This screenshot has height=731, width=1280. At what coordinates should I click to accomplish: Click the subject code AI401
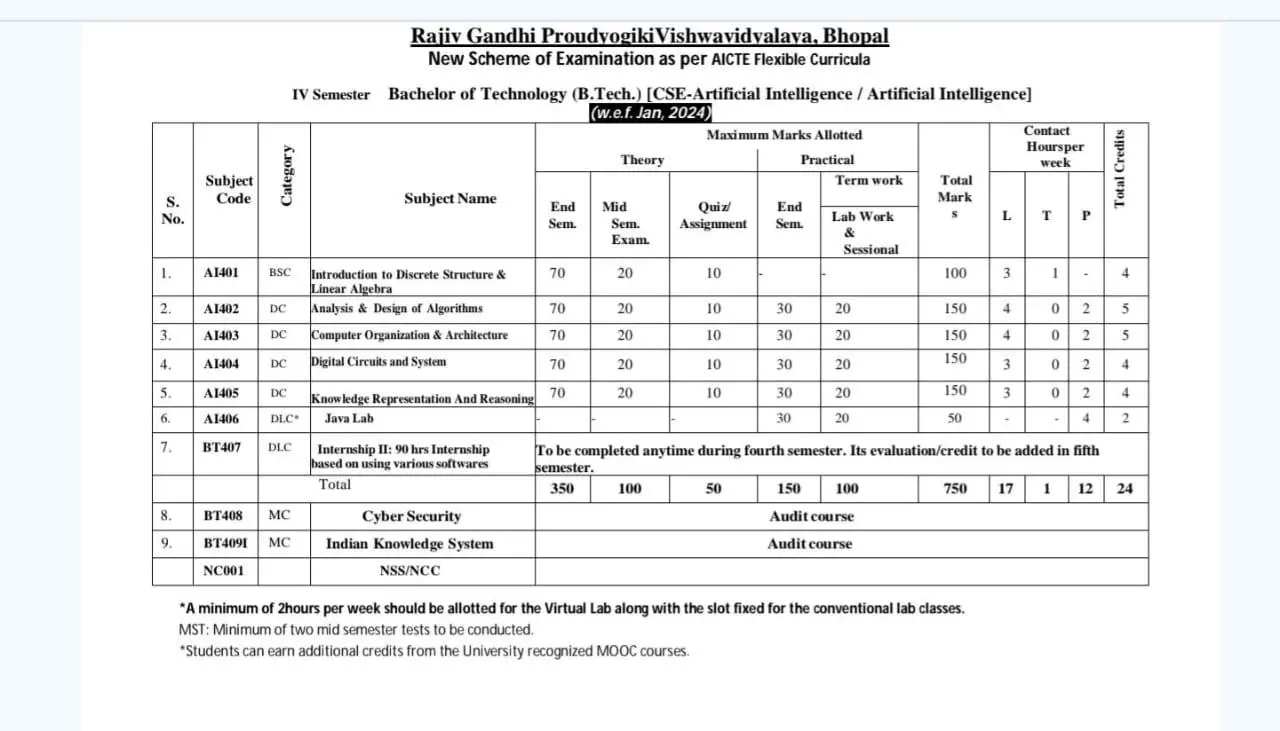tap(221, 273)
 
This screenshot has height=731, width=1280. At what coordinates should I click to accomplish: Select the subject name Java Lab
tap(348, 419)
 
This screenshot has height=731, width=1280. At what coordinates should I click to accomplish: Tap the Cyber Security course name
tap(411, 517)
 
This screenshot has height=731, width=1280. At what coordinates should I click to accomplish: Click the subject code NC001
tap(223, 571)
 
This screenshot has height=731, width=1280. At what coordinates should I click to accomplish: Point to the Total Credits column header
tap(1120, 168)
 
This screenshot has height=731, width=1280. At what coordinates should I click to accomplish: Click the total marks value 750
tap(955, 489)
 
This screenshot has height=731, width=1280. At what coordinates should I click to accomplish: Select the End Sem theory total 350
tap(562, 489)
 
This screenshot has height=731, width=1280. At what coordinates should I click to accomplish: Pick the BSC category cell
tap(280, 273)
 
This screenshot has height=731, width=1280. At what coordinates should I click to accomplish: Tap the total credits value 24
tap(1125, 489)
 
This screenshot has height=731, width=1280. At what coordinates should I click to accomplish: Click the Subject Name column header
tap(450, 199)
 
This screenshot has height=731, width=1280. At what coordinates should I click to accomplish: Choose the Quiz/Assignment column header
tap(713, 215)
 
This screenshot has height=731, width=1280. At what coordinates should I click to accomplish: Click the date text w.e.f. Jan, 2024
tap(650, 113)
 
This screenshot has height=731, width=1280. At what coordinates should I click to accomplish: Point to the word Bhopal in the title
tap(854, 37)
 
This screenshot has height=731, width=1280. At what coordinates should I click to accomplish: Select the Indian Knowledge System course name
tap(409, 544)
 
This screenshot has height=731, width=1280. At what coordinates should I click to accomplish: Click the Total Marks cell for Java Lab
tap(955, 419)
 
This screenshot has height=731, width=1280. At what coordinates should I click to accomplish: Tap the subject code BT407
tap(222, 447)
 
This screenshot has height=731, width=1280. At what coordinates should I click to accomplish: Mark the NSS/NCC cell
tap(410, 571)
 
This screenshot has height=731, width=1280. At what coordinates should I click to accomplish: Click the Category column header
tap(286, 176)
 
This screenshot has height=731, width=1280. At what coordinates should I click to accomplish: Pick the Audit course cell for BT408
tap(811, 517)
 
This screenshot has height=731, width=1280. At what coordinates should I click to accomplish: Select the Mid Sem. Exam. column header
tap(624, 223)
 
